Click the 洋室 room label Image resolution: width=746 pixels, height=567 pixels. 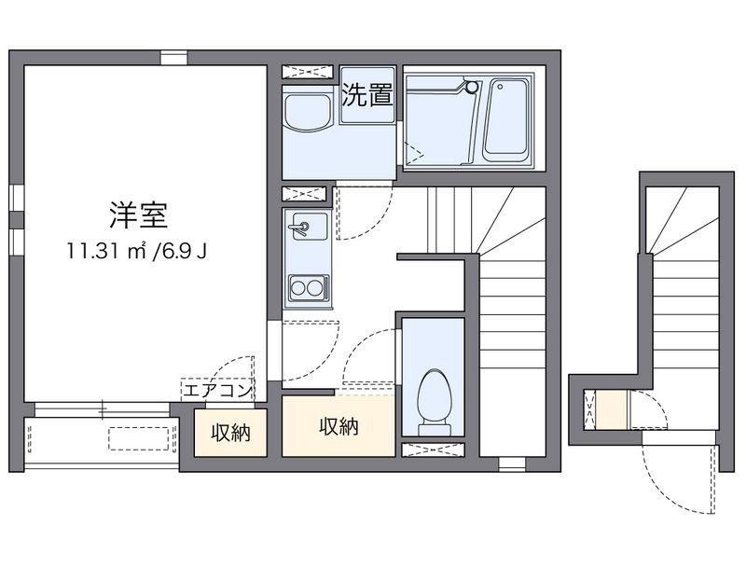[143, 214]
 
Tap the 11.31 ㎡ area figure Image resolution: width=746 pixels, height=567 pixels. [103, 251]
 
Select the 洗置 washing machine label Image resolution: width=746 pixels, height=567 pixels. [366, 95]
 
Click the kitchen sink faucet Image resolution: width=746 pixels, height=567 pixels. [301, 226]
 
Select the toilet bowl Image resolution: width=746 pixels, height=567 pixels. [433, 399]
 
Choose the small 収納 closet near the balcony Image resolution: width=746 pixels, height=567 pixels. [229, 434]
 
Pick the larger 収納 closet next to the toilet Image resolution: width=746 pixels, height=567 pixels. [338, 427]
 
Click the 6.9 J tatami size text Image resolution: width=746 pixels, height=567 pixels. [181, 251]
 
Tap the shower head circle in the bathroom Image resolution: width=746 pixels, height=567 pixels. [471, 87]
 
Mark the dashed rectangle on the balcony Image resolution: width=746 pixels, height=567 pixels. [141, 437]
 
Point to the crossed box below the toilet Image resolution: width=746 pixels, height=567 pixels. [432, 449]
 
